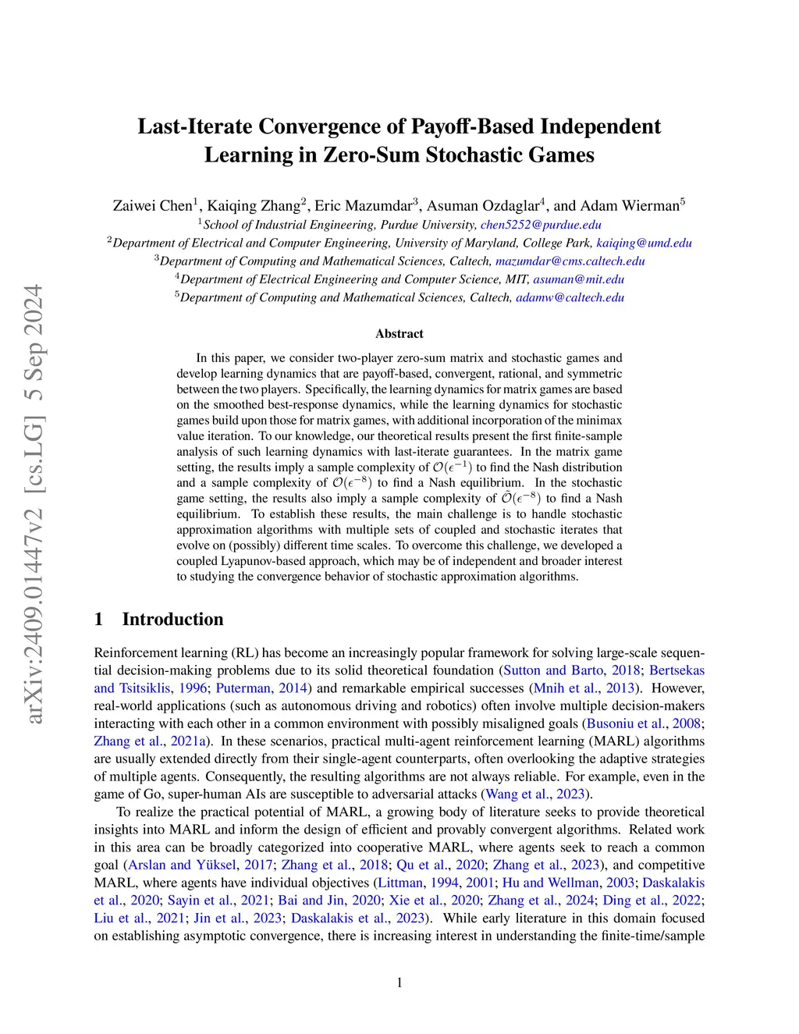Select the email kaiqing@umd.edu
[644, 243]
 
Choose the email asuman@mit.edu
[578, 279]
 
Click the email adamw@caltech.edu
[570, 297]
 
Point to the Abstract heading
[399, 333]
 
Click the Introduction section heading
[172, 619]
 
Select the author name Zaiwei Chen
[152, 206]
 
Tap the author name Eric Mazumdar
[363, 206]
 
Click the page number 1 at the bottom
[399, 982]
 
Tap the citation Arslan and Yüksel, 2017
[200, 865]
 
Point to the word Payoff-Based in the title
[472, 126]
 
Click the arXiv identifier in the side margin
[34, 503]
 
